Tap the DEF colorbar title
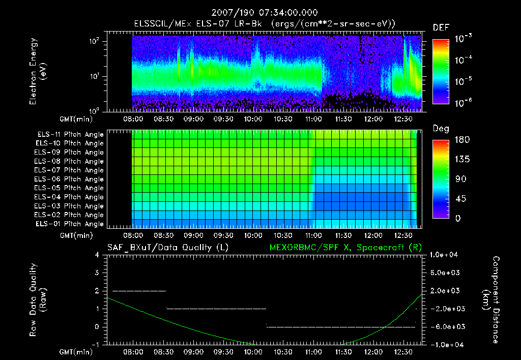pos(440,28)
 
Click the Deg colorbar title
pos(440,129)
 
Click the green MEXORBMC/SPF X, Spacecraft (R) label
pos(341,248)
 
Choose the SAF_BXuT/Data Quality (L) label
pos(167,248)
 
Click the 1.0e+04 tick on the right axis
pos(445,255)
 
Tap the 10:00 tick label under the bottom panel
pos(253,352)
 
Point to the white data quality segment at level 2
pos(139,291)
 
